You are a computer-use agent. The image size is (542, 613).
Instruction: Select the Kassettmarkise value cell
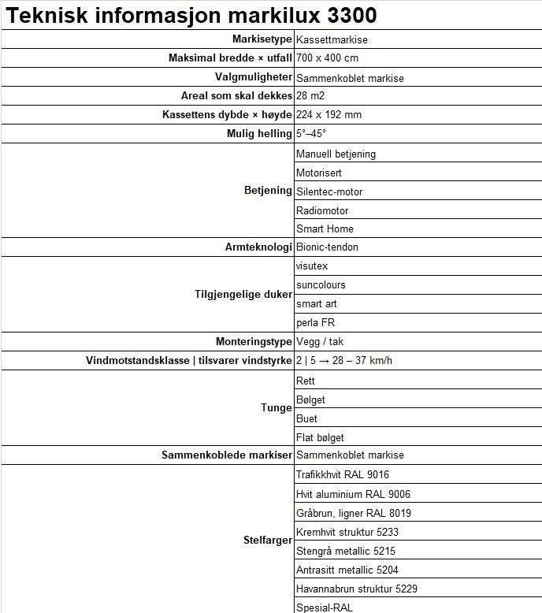332,39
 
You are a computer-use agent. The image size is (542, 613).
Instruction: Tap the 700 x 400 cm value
328,58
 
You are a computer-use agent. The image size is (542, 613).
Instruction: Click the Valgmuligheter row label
254,77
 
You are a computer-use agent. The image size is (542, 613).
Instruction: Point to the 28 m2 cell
310,95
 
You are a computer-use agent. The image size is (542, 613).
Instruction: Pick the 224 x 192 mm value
329,114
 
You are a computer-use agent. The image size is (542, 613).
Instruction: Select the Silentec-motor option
329,191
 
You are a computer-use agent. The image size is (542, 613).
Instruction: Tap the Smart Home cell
325,228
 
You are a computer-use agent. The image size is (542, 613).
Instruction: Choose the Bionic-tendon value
327,247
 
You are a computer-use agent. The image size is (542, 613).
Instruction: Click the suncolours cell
321,284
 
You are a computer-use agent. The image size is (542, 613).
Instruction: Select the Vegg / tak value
319,342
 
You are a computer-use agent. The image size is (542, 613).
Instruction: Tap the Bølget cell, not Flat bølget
310,399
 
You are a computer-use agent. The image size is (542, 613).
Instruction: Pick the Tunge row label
277,408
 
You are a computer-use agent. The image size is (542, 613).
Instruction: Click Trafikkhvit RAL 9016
343,474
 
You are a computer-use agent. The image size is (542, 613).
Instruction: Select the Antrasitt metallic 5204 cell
347,570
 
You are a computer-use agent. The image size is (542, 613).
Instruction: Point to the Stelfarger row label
268,541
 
